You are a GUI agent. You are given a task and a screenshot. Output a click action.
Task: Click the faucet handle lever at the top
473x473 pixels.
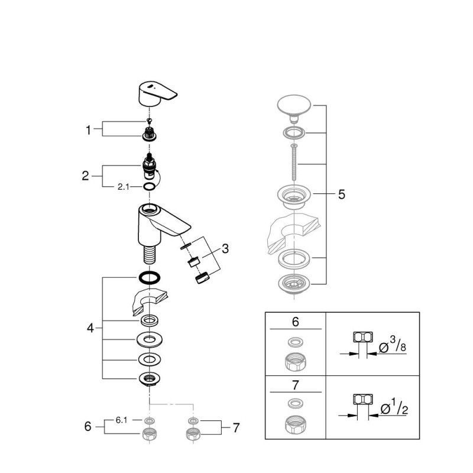[x=157, y=93]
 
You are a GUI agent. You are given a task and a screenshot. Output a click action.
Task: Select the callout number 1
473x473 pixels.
[x=88, y=130]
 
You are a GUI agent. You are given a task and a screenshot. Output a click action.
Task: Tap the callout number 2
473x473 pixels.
[x=85, y=176]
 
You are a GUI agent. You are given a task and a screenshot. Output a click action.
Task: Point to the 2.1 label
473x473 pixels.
[x=124, y=187]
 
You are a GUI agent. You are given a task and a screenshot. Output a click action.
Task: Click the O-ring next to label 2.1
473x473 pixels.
[x=150, y=186]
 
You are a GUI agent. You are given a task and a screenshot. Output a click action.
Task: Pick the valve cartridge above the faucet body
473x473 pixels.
[x=150, y=167]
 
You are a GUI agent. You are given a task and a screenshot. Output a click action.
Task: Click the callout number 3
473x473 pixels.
[x=225, y=249]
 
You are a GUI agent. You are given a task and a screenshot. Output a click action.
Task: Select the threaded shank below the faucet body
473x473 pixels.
[x=150, y=255]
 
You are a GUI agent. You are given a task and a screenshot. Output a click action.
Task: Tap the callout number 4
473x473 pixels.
[x=90, y=328]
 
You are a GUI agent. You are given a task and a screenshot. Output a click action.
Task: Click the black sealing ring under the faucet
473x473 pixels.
[x=150, y=277]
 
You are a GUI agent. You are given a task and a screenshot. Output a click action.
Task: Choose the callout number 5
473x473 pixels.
[x=342, y=195]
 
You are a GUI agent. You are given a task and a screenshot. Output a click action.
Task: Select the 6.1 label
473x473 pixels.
[x=122, y=420]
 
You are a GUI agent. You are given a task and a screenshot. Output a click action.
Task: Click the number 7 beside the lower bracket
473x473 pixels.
[x=236, y=427]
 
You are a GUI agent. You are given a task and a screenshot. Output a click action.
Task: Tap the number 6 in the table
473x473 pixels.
[x=295, y=322]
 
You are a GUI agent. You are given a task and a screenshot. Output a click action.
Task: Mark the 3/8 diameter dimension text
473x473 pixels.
[x=393, y=345]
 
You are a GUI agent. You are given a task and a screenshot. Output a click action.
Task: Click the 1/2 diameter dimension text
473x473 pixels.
[x=394, y=407]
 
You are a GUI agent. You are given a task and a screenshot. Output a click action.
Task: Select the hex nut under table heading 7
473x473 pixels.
[x=295, y=425]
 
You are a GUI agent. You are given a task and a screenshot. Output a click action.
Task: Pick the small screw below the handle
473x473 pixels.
[x=148, y=121]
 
